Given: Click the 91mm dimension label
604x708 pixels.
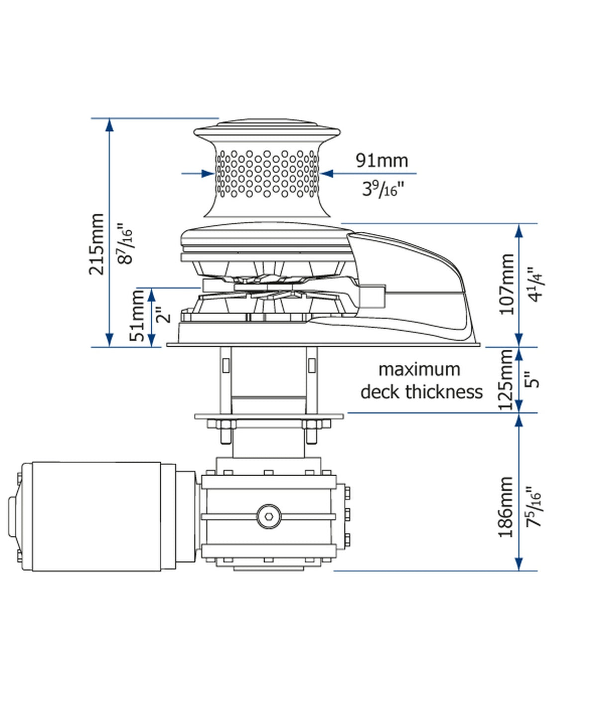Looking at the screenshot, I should pyautogui.click(x=382, y=160).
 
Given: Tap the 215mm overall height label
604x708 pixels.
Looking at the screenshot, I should pyautogui.click(x=97, y=244).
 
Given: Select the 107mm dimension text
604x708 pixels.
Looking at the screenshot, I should pyautogui.click(x=507, y=284).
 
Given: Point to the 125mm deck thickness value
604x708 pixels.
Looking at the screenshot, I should pyautogui.click(x=506, y=380).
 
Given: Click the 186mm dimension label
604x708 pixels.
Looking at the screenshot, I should pyautogui.click(x=506, y=507).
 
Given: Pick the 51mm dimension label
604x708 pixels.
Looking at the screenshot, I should pyautogui.click(x=137, y=316).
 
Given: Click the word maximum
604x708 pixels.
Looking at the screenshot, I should pyautogui.click(x=419, y=370).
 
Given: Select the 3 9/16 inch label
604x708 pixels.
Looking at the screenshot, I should pyautogui.click(x=382, y=189).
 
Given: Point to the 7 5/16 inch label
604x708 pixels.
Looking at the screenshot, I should pyautogui.click(x=534, y=507).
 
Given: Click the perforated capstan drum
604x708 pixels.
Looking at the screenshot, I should pyautogui.click(x=267, y=174).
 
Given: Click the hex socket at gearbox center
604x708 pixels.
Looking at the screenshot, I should pyautogui.click(x=269, y=516).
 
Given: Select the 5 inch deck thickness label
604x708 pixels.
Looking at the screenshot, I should pyautogui.click(x=533, y=380).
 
